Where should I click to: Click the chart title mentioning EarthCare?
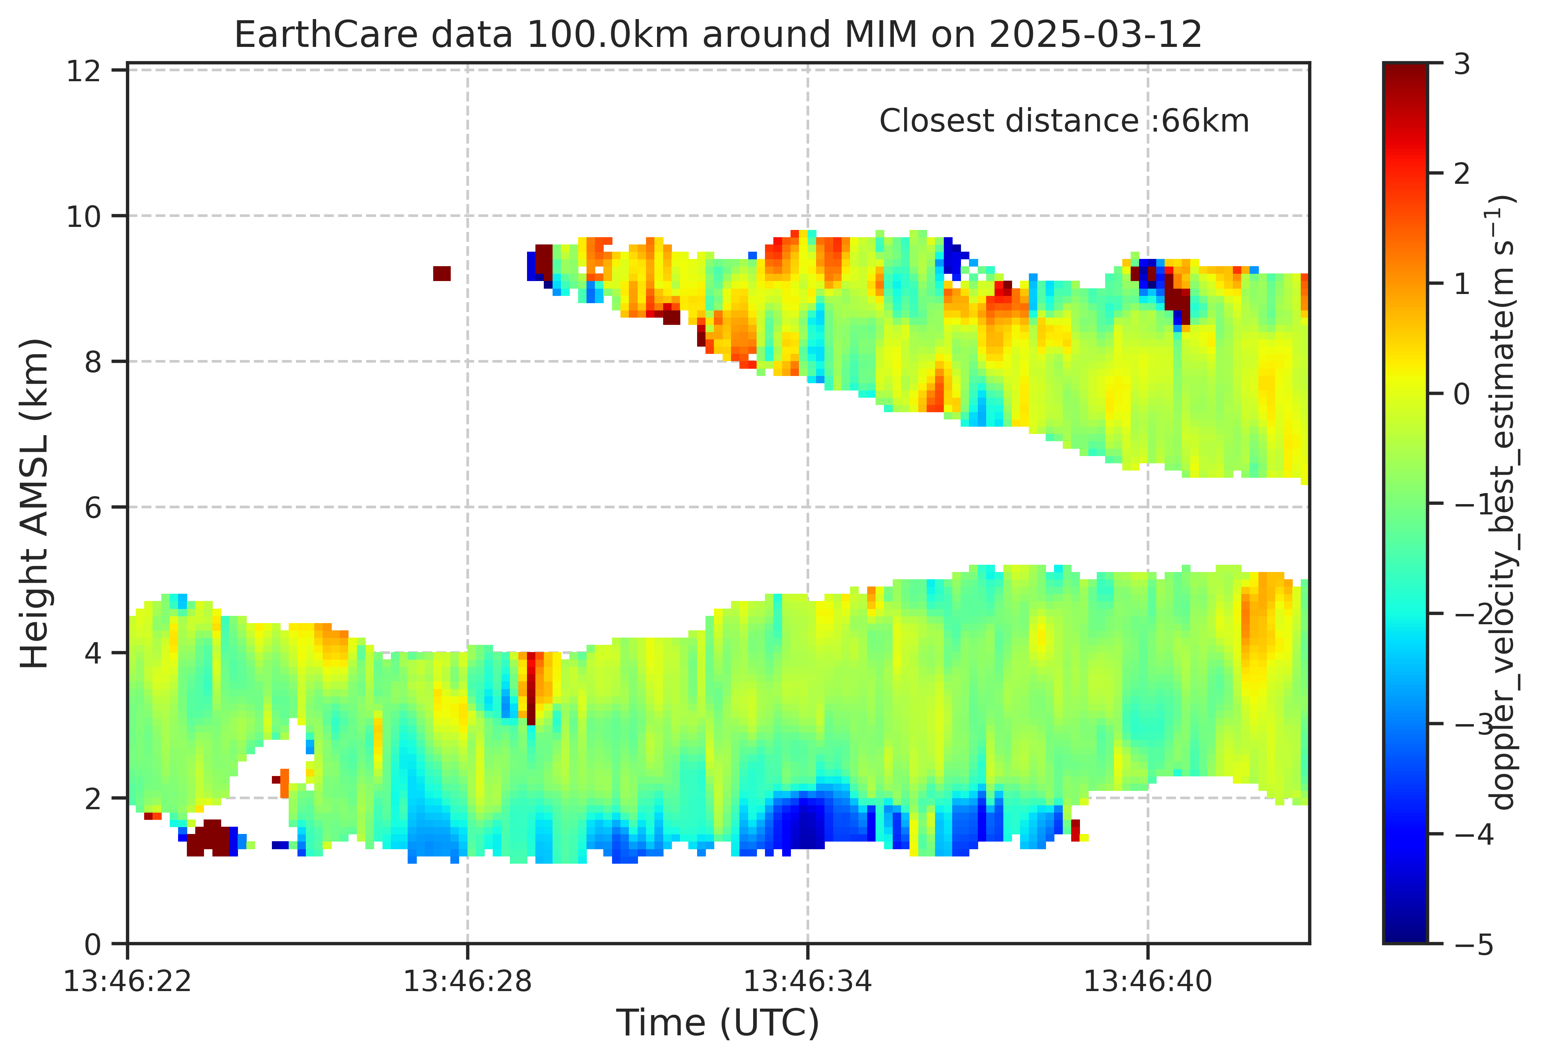(718, 35)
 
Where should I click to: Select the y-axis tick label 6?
(93, 508)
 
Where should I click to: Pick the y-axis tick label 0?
(93, 944)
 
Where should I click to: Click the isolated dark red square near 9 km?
(442, 273)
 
